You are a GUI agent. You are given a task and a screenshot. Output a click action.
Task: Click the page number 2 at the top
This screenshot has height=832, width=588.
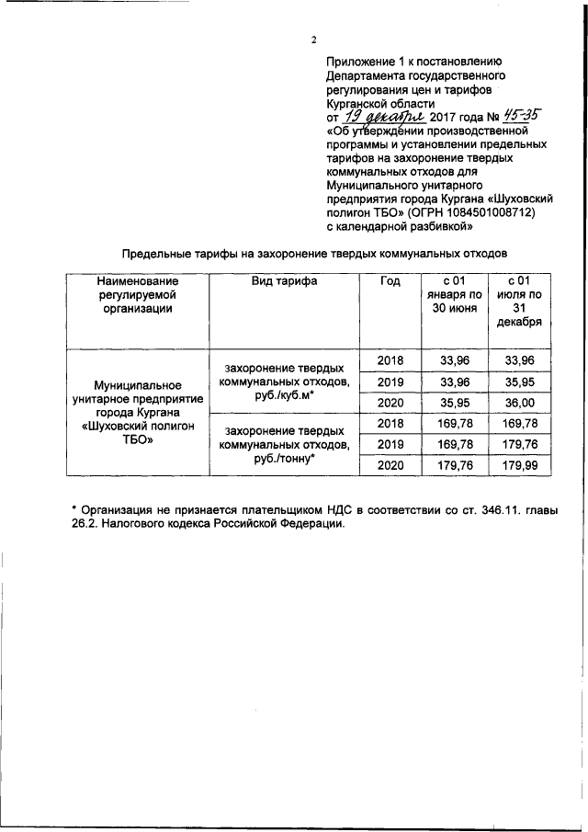pyautogui.click(x=313, y=40)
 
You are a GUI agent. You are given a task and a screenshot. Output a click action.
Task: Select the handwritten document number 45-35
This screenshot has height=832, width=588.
pyautogui.click(x=518, y=117)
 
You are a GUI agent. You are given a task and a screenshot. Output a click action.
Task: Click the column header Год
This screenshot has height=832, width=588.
pyautogui.click(x=390, y=281)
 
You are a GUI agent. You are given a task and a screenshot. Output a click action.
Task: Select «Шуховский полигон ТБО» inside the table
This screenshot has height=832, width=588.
pyautogui.click(x=137, y=432)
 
